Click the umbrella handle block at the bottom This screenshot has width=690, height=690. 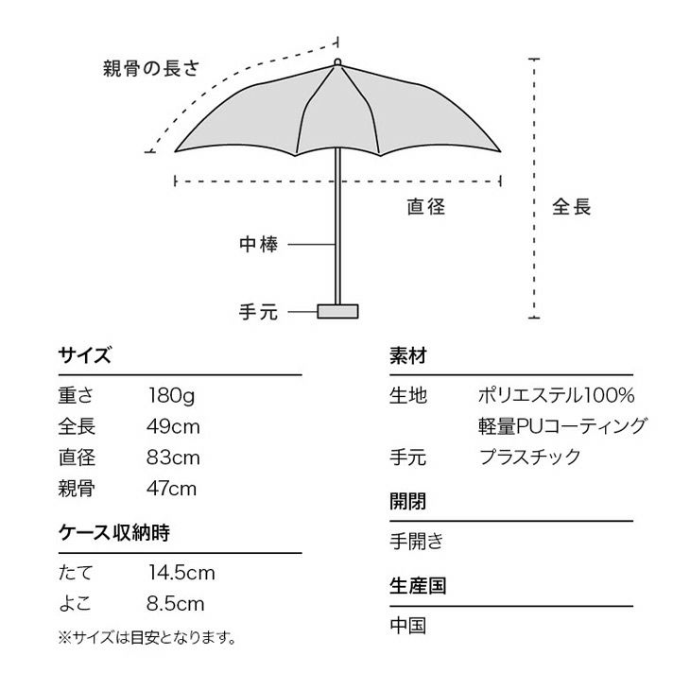point(337,311)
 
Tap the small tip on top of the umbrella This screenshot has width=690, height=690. point(337,62)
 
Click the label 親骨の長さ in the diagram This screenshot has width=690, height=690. point(151,68)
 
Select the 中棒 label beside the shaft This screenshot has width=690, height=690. point(259,244)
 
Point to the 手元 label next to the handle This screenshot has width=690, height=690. point(259,312)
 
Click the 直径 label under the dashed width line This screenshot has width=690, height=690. point(426,206)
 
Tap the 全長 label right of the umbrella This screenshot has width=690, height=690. point(572,206)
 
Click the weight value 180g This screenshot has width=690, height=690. point(171,396)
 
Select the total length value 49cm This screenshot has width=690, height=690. point(173,426)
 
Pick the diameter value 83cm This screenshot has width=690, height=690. point(173,457)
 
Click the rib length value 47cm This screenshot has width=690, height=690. point(172,489)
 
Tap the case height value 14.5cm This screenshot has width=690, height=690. point(181,573)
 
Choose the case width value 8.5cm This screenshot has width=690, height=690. point(176,603)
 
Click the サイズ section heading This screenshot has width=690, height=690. point(84,354)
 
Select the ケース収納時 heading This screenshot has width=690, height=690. point(114,532)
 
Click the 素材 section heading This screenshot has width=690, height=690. point(408,355)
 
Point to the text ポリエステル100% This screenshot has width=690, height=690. point(556,395)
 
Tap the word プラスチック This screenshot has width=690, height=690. point(530,457)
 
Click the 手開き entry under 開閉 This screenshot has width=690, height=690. point(416,541)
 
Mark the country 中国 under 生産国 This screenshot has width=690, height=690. point(408,626)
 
